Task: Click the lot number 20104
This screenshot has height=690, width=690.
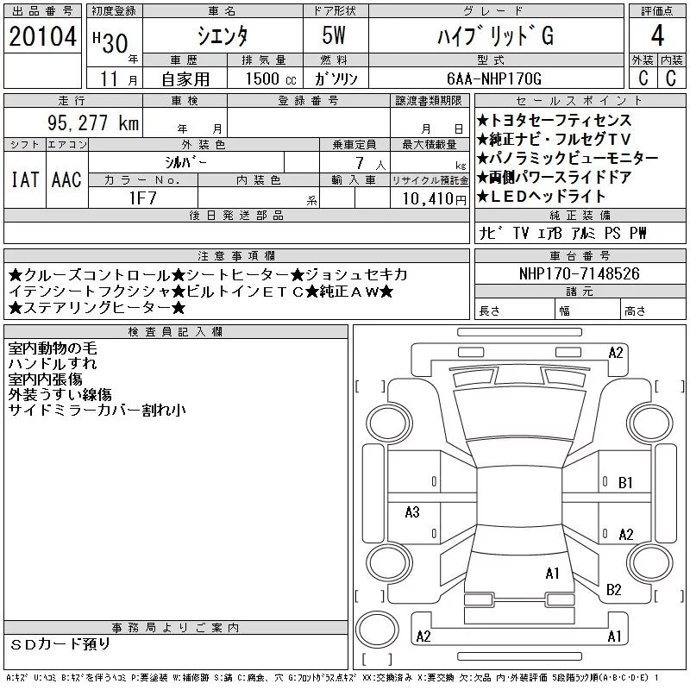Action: [x=42, y=36]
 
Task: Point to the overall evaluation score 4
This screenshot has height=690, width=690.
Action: [x=657, y=35]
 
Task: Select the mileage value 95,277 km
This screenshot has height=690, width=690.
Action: [x=93, y=122]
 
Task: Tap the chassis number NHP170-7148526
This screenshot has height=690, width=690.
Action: [x=579, y=273]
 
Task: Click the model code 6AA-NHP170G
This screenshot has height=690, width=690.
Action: [x=493, y=78]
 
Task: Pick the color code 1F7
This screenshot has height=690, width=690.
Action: [x=142, y=198]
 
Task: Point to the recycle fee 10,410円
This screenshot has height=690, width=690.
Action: [x=434, y=199]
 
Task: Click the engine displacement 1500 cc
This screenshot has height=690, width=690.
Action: [x=271, y=78]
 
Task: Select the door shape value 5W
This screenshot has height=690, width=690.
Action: [x=334, y=35]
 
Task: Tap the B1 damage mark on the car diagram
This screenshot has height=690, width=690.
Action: [x=625, y=483]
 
